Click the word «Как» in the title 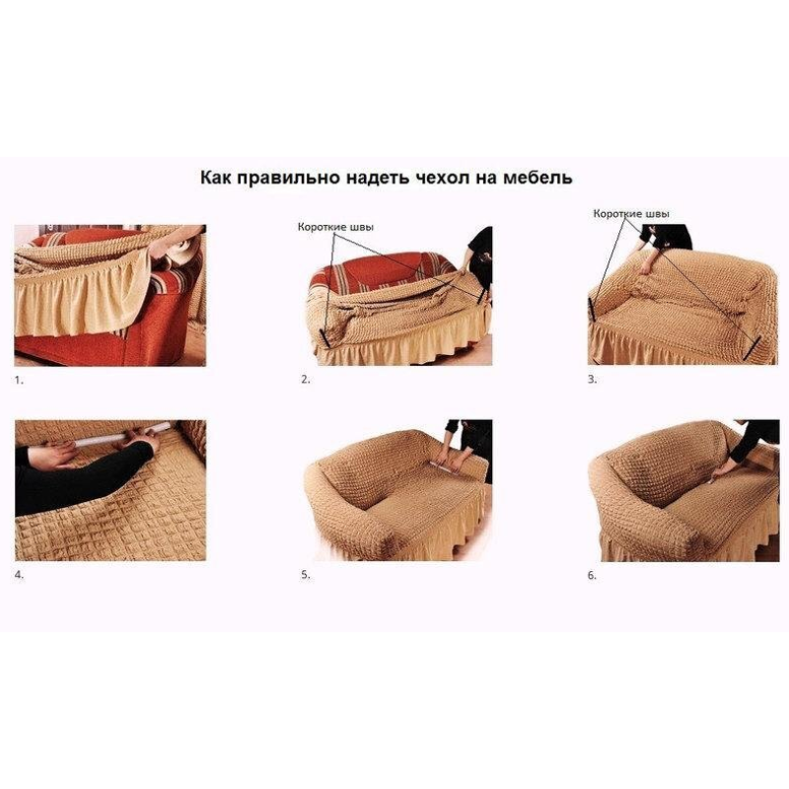pyautogui.click(x=216, y=178)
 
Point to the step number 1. pyautogui.click(x=19, y=381)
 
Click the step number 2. pyautogui.click(x=306, y=380)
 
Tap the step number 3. pyautogui.click(x=593, y=380)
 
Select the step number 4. pyautogui.click(x=19, y=575)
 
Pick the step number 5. pyautogui.click(x=306, y=575)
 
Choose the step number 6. pyautogui.click(x=593, y=575)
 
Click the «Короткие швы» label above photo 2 pyautogui.click(x=335, y=228)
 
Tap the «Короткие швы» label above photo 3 pyautogui.click(x=631, y=214)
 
